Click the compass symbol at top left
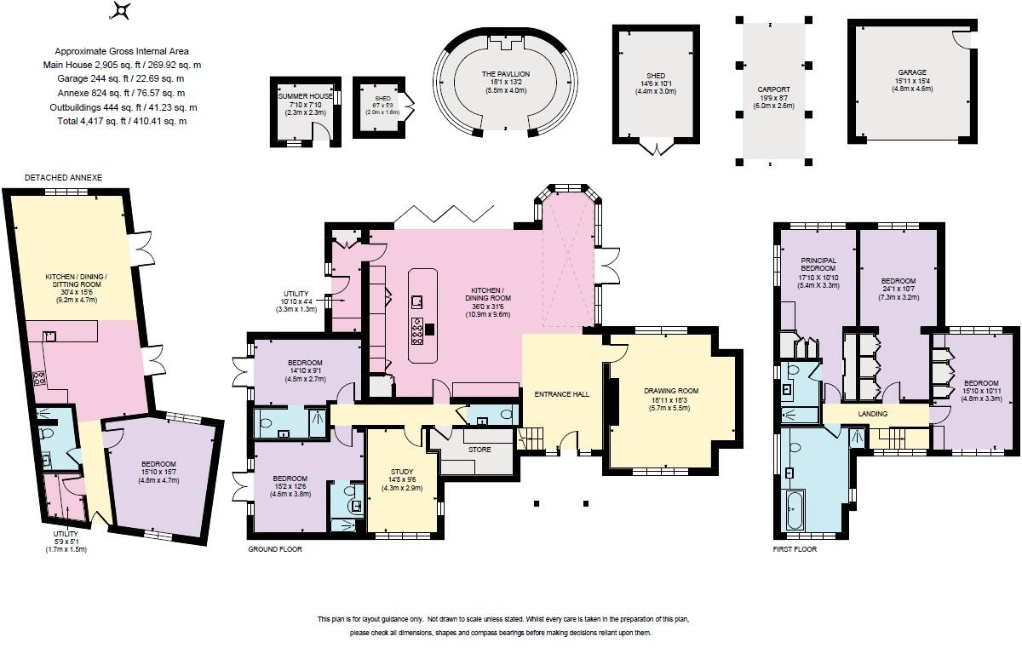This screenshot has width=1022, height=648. point(123,11)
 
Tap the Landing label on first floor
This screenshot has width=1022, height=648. point(873,414)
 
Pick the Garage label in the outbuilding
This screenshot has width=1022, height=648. point(911,72)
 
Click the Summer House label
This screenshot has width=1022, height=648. point(302,97)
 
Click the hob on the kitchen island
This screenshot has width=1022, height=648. point(419,331)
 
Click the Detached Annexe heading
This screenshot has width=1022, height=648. point(63,177)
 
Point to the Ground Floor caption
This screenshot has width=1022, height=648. point(274,549)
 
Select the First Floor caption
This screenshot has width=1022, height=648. point(794,549)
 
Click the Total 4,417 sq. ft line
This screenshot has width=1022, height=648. point(120,121)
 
